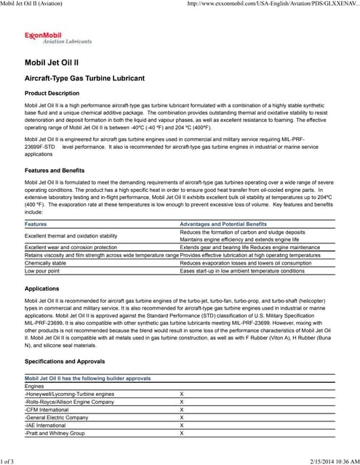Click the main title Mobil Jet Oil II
(x=57, y=63)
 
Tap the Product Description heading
(x=52, y=94)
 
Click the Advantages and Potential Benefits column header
(x=223, y=225)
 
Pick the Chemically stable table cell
(x=45, y=263)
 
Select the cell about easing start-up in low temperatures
(x=241, y=270)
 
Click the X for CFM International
(x=181, y=410)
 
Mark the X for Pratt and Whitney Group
(x=181, y=433)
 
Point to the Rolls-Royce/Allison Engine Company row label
(x=69, y=402)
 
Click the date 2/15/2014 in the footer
(x=311, y=460)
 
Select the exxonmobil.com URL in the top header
(x=273, y=4)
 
